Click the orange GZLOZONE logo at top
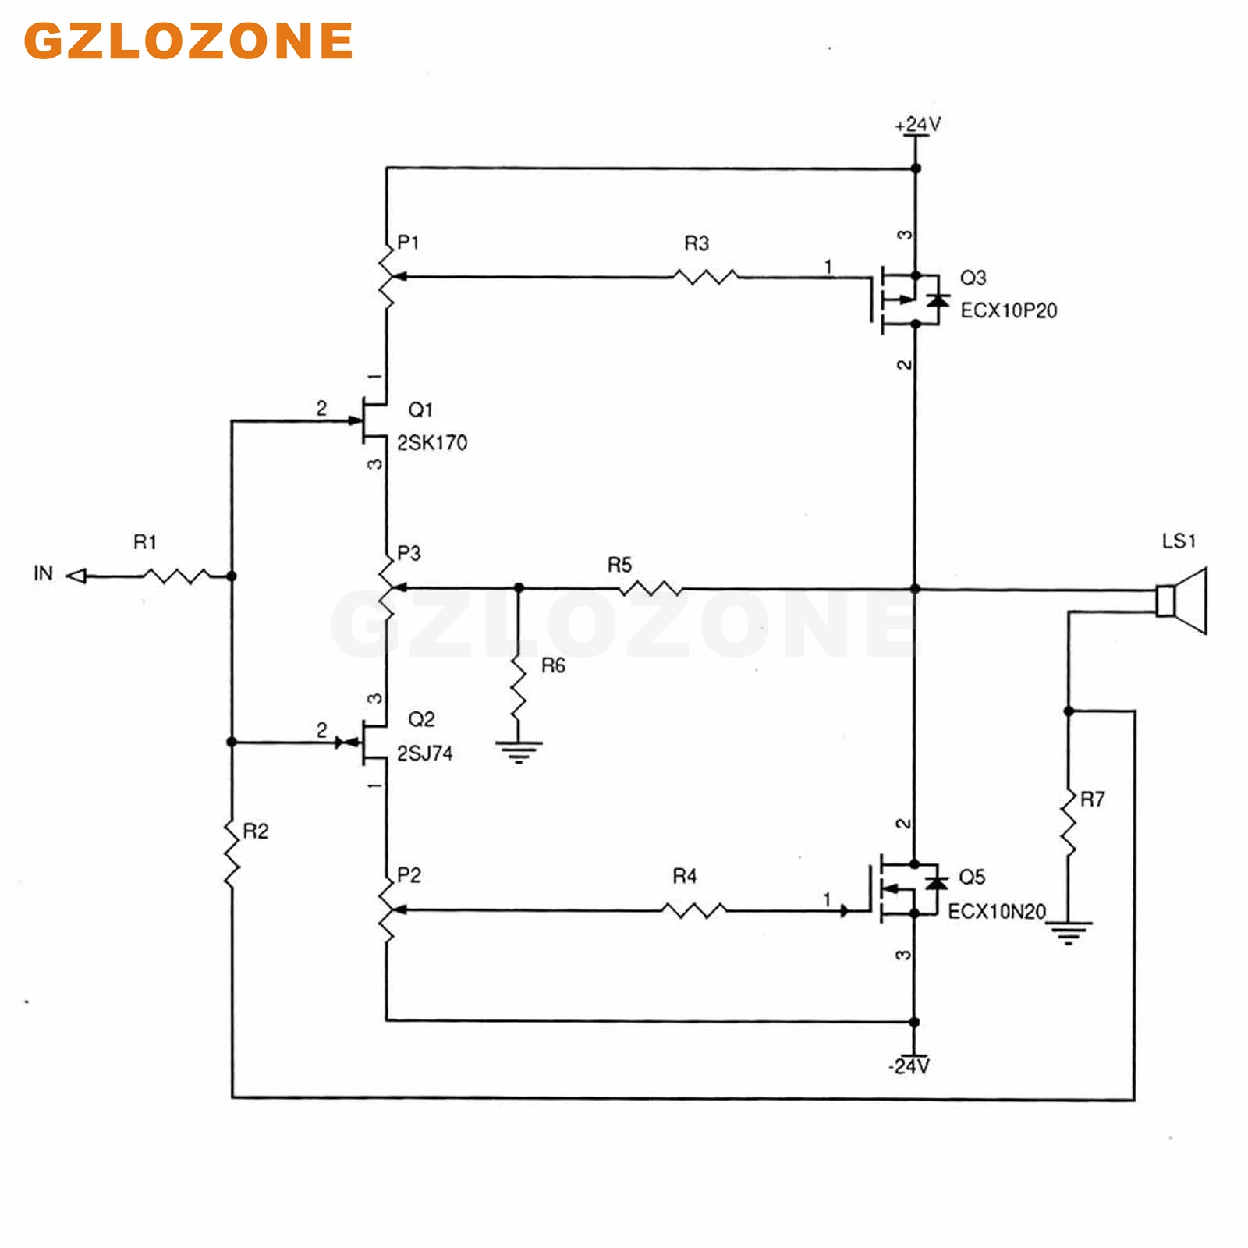[x=188, y=41]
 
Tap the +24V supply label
[x=918, y=124]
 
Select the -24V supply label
[x=909, y=1065]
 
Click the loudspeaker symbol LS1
[x=1182, y=601]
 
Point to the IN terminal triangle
[x=76, y=576]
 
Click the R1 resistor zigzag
[x=176, y=576]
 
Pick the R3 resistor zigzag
[x=706, y=276]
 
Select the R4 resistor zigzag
[x=694, y=909]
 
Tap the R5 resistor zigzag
[x=651, y=588]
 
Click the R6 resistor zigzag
[x=519, y=686]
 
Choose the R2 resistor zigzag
[x=232, y=852]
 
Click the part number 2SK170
[x=432, y=443]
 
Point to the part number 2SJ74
[x=425, y=753]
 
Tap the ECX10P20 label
[x=1009, y=310]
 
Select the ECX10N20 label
[x=997, y=912]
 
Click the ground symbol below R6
[x=519, y=752]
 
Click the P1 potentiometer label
[x=408, y=243]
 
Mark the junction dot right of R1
[x=232, y=576]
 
